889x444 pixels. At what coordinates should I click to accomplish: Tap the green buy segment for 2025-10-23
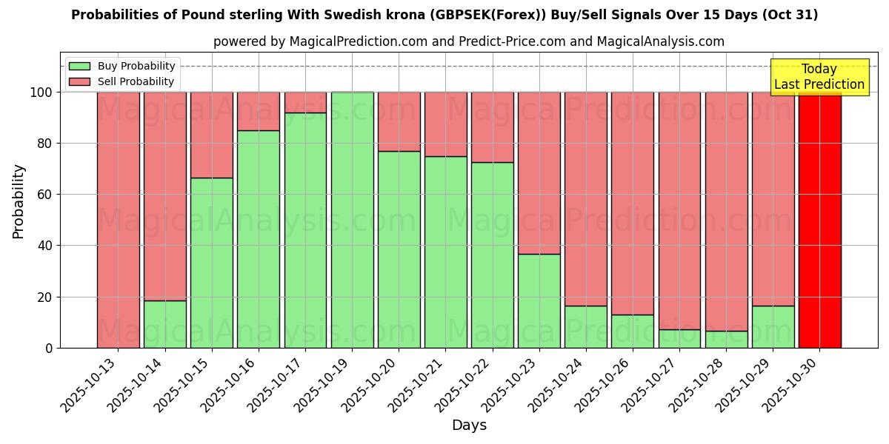[539, 301]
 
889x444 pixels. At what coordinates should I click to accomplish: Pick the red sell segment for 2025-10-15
[212, 135]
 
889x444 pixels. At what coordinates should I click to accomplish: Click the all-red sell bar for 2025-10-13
[118, 220]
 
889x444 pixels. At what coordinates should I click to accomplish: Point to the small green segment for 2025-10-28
[726, 340]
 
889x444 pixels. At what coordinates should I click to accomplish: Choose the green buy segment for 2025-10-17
[305, 230]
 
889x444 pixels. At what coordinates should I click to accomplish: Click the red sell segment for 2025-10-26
[633, 203]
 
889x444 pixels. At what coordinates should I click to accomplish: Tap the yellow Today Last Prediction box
[819, 77]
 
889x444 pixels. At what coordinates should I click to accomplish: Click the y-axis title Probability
[19, 201]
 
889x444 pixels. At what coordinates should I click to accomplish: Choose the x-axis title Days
[469, 425]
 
